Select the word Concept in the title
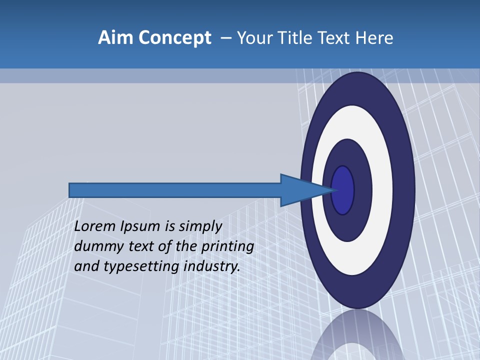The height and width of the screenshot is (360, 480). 174,38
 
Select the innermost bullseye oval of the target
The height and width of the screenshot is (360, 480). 343,190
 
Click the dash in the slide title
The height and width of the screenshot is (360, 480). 225,38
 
